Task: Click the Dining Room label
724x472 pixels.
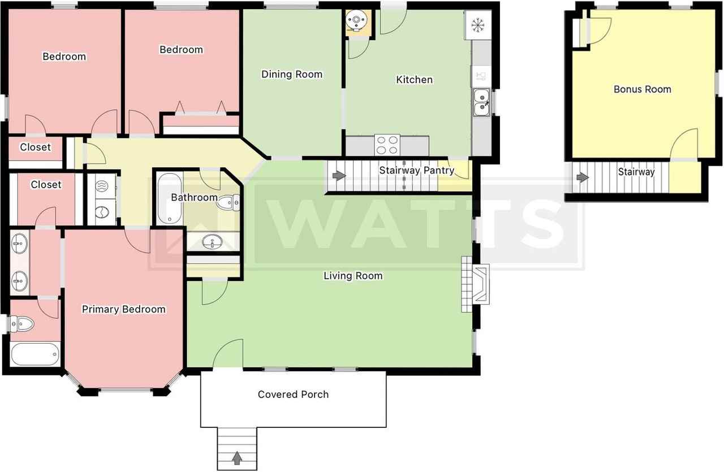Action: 292,74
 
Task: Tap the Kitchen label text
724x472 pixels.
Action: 415,80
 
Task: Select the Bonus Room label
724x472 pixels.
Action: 642,89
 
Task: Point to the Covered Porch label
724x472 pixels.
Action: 293,395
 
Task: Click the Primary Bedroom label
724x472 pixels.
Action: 123,309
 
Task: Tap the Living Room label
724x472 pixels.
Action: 353,276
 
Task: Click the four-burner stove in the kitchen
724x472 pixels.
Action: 387,145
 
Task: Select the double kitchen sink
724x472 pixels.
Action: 481,102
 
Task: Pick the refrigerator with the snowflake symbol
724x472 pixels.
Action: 478,25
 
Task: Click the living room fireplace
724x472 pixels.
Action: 476,284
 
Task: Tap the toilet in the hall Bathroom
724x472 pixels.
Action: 229,202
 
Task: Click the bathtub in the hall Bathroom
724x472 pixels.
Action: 169,198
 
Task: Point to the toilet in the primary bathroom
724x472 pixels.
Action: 21,323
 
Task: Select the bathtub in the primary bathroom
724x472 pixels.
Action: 35,354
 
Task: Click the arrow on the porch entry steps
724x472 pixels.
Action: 237,458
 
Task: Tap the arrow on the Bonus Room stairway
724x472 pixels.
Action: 583,177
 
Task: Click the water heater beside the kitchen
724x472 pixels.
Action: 356,20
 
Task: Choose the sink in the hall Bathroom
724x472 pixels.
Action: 212,241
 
